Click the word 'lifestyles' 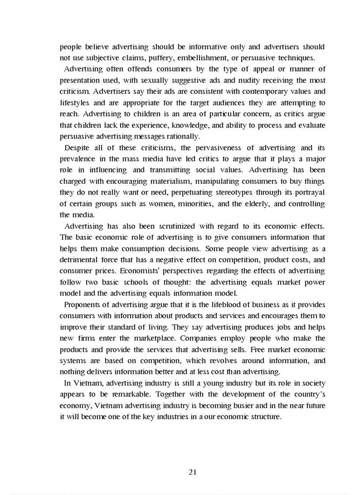75,103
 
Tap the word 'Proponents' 81,305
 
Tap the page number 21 192,472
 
